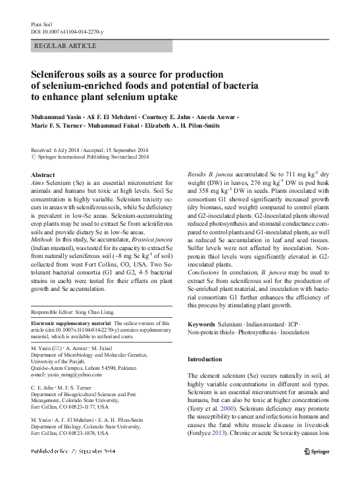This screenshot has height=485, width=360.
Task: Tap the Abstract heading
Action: coord(43,174)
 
